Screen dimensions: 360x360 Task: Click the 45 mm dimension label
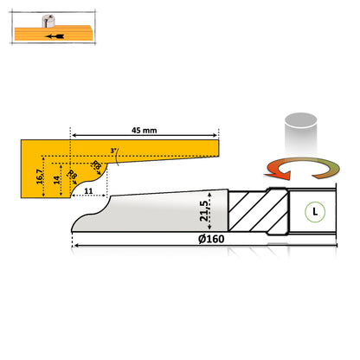click(x=145, y=131)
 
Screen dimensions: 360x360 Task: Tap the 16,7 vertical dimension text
click(x=40, y=177)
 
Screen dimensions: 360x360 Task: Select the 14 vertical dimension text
click(x=57, y=180)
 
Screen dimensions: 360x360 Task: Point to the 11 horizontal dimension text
click(x=88, y=191)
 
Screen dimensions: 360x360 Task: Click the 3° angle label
click(x=113, y=151)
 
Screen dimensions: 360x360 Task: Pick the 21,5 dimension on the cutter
click(x=204, y=211)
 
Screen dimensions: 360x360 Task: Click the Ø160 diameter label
click(x=211, y=239)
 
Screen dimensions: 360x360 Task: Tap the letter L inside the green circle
click(x=315, y=212)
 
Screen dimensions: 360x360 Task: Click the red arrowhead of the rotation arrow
click(x=279, y=174)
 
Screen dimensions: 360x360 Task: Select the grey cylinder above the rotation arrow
click(x=301, y=134)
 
